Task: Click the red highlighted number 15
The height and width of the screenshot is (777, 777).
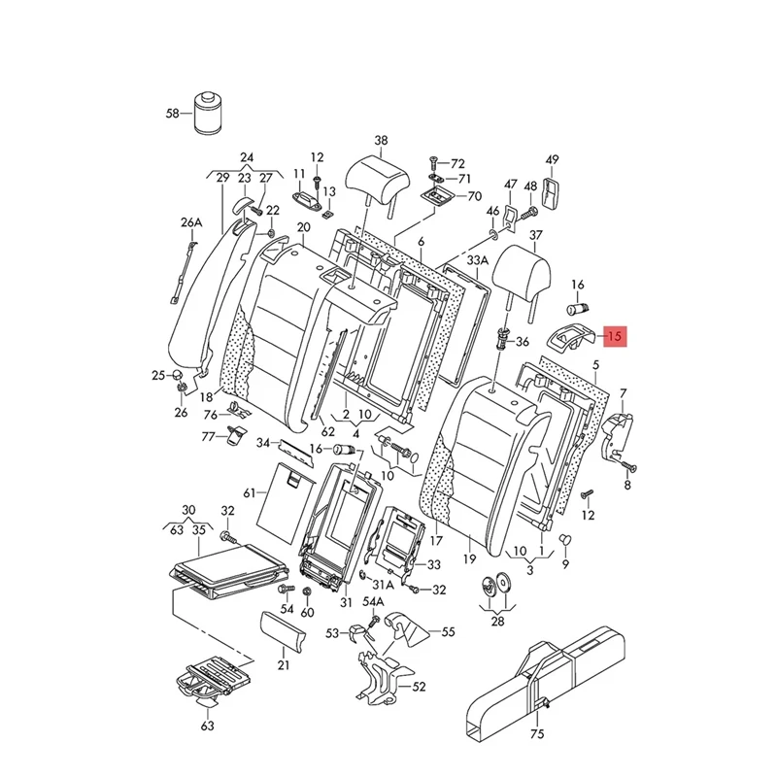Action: click(x=615, y=337)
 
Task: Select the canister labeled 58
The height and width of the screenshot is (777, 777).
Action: click(x=206, y=116)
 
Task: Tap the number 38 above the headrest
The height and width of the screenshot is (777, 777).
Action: click(x=381, y=141)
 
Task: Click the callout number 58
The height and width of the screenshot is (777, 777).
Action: click(x=173, y=114)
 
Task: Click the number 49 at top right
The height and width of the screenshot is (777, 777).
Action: click(x=553, y=159)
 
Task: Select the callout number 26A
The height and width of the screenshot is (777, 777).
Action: click(x=190, y=222)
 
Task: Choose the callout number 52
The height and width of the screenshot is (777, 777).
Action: click(x=420, y=687)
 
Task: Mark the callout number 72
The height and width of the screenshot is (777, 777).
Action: click(x=457, y=163)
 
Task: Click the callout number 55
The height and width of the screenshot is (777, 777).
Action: click(x=448, y=632)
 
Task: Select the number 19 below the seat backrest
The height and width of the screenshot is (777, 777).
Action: click(x=469, y=560)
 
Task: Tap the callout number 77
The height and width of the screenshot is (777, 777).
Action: click(x=207, y=436)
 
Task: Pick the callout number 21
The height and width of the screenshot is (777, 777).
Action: click(x=283, y=665)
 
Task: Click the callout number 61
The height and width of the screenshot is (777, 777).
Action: click(x=250, y=494)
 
